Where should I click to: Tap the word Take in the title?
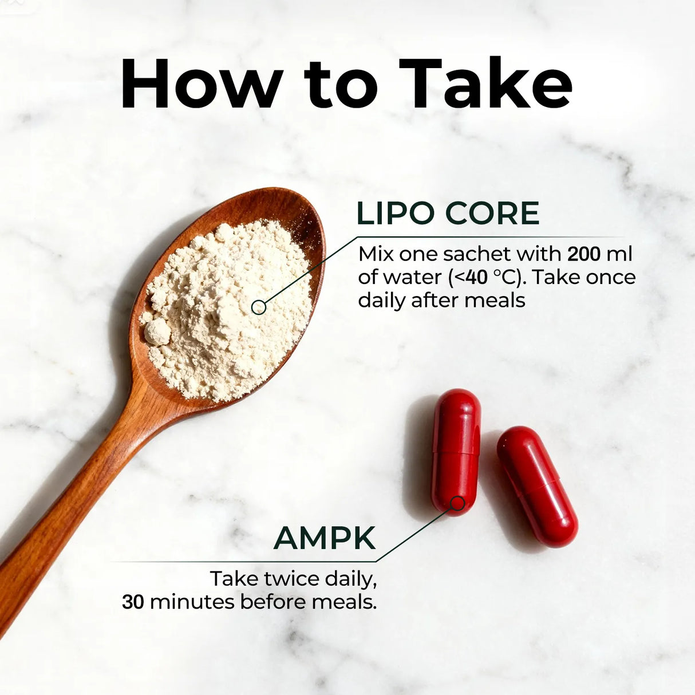[485, 82]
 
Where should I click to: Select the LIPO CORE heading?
[448, 213]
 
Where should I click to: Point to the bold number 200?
[584, 254]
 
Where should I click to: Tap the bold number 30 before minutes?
[133, 602]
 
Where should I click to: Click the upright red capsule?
[456, 452]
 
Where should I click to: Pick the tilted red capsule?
[537, 486]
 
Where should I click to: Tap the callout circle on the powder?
[259, 307]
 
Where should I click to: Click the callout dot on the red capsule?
[457, 503]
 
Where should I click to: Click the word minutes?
[192, 602]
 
